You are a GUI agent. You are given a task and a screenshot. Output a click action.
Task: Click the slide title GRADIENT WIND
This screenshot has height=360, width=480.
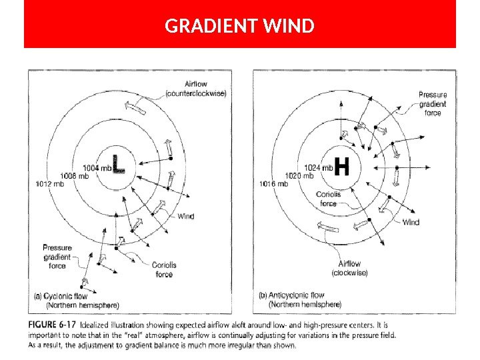(239, 26)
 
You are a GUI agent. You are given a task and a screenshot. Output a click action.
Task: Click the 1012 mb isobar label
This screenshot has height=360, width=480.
(50, 183)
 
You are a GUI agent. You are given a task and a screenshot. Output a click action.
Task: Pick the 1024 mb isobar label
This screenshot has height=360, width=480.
(318, 168)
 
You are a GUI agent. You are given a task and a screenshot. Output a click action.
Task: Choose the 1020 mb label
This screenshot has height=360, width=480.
(299, 176)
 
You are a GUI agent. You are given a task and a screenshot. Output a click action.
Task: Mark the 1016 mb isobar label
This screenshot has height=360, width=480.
(274, 184)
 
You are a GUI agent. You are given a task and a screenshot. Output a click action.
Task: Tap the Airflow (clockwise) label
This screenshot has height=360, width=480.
(349, 268)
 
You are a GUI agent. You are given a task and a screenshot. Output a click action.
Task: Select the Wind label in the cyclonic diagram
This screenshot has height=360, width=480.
(186, 216)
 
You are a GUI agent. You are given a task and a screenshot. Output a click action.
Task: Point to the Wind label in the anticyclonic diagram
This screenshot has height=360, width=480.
(411, 223)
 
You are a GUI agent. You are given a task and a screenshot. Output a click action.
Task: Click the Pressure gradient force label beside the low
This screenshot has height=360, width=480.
(57, 257)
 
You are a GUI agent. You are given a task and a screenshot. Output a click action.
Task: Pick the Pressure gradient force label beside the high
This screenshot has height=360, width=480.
(433, 104)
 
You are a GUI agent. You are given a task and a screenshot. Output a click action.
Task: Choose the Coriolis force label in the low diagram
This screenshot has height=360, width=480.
(164, 269)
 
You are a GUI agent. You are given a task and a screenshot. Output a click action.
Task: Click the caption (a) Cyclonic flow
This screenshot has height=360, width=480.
(61, 296)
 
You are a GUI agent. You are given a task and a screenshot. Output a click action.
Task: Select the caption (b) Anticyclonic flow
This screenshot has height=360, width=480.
(291, 295)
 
